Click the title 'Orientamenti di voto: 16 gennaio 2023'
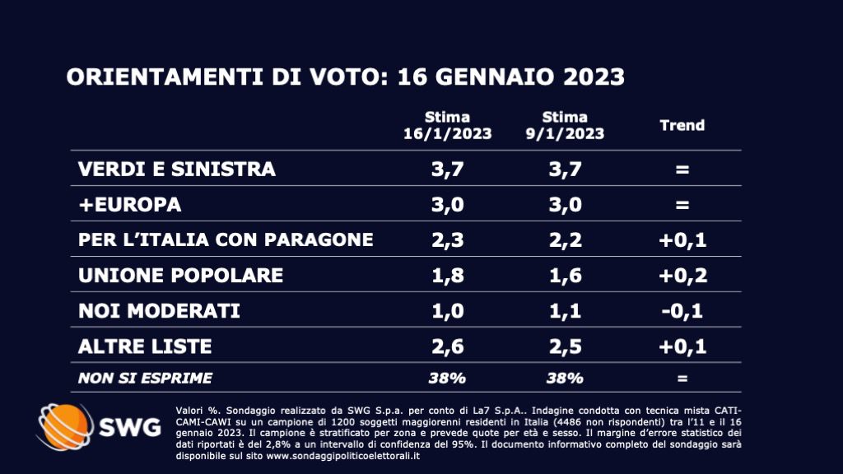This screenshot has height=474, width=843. (x=345, y=77)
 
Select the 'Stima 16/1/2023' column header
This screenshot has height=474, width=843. (x=447, y=125)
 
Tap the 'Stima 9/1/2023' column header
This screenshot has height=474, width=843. (x=565, y=125)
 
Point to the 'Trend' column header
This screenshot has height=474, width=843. (x=682, y=125)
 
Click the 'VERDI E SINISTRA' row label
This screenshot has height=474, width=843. (x=177, y=170)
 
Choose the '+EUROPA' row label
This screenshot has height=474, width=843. (x=129, y=204)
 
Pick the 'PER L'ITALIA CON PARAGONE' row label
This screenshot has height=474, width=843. (x=226, y=239)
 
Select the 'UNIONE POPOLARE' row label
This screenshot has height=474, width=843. (x=180, y=275)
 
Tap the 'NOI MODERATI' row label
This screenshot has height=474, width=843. (x=159, y=310)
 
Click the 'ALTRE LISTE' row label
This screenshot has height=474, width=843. (x=145, y=346)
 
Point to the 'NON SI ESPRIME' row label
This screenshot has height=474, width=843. (x=145, y=379)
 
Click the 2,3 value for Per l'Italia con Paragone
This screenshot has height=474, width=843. (x=447, y=239)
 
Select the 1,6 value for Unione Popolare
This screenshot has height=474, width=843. (x=565, y=275)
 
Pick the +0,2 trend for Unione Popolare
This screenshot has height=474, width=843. (x=682, y=275)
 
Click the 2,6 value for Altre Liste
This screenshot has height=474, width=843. (x=447, y=346)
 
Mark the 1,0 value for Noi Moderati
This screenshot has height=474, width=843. (x=447, y=310)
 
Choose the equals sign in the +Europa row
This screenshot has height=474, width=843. (x=682, y=204)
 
